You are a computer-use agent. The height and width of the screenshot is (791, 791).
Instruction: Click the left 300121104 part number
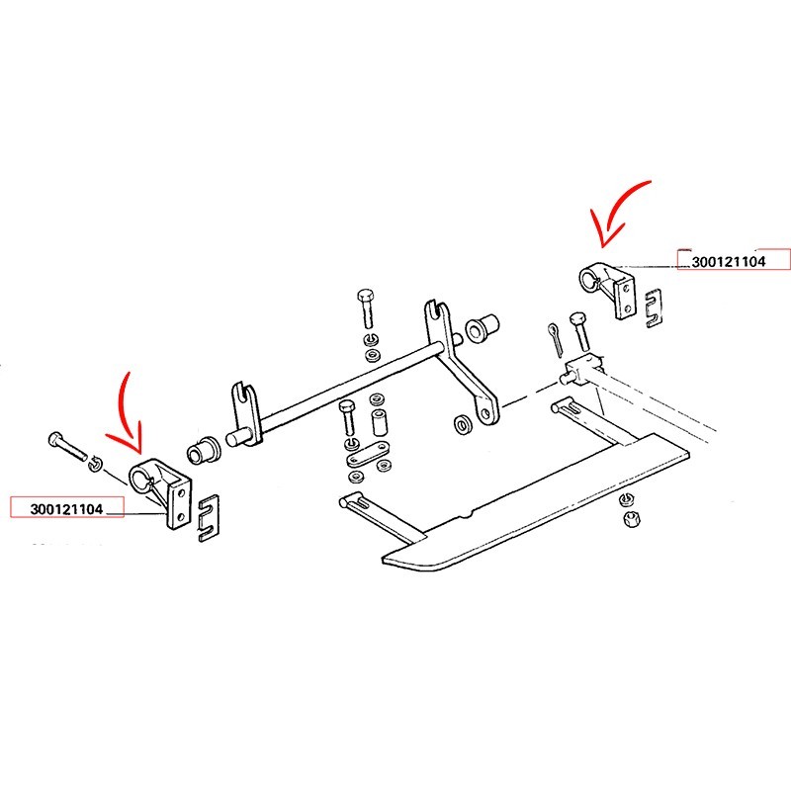point(66,509)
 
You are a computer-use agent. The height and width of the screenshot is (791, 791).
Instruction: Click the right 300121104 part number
point(729,262)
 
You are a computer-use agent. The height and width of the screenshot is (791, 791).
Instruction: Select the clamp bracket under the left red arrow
point(161,491)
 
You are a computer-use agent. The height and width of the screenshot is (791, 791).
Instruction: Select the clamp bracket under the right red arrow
point(607,289)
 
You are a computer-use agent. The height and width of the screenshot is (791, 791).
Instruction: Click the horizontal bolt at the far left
point(67,446)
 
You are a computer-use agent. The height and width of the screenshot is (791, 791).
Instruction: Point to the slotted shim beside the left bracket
point(209,517)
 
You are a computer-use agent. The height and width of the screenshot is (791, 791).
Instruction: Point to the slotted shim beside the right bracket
point(654,308)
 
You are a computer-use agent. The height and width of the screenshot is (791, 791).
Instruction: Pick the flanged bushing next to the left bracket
point(203,449)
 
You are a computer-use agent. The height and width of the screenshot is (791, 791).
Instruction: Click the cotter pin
point(555,339)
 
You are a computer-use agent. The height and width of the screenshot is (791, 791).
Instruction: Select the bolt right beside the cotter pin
point(580,331)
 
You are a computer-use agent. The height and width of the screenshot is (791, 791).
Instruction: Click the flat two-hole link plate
point(368,453)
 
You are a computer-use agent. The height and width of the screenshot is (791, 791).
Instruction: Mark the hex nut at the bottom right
point(630,518)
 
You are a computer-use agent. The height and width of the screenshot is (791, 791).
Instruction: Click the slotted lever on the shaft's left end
point(245,414)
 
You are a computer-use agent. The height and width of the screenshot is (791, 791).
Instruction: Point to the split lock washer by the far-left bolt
point(93,464)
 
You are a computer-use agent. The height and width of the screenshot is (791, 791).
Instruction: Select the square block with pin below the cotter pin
point(581,369)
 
